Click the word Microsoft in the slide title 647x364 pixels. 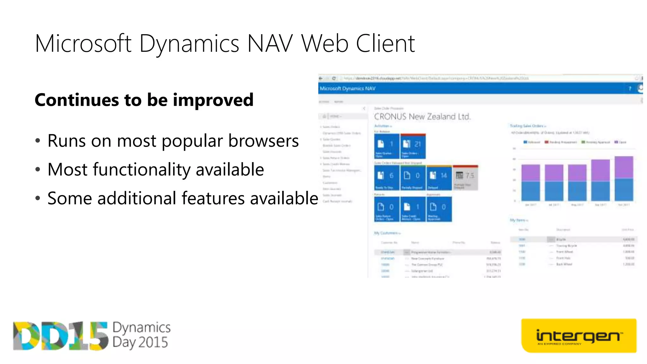pos(83,44)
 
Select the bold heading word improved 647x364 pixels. pos(213,100)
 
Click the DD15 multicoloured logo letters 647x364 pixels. pos(60,336)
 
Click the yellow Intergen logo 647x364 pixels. pos(578,336)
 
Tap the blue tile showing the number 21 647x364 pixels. pos(413,146)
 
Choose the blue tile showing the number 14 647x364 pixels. pos(439,178)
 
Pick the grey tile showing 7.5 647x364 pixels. pos(465,178)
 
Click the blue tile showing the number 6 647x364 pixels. pos(387,178)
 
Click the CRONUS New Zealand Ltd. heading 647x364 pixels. pos(422,117)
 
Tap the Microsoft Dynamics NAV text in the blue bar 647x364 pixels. pos(348,88)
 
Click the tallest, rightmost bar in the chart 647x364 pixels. pos(624,179)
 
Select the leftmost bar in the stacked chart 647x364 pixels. pos(530,183)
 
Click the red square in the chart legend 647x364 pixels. pos(547,142)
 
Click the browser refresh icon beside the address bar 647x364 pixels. pos(334,78)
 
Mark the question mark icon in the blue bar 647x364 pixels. pos(630,89)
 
